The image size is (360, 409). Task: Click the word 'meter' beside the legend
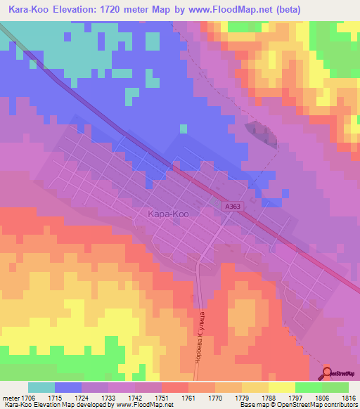click(x=10, y=397)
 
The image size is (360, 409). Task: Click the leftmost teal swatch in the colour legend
click(x=41, y=387)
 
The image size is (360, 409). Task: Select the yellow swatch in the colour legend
click(x=281, y=387)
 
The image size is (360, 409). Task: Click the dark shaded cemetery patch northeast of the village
click(x=261, y=133)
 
